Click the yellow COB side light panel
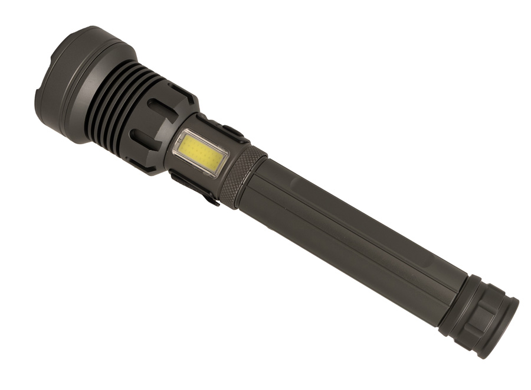coord(201,151)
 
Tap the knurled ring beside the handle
coord(242,177)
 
